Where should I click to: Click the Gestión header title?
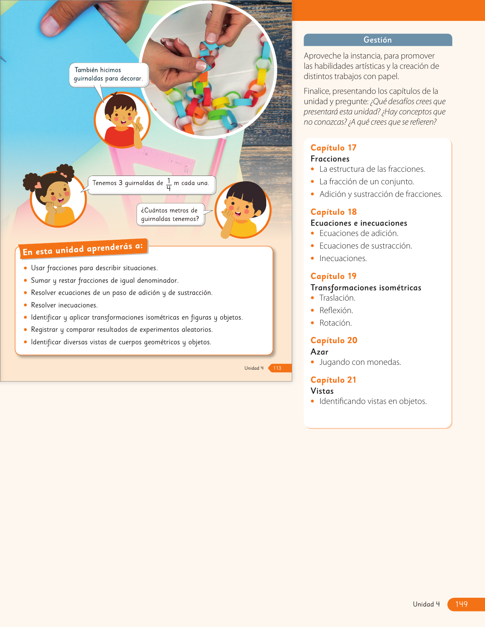point(377,40)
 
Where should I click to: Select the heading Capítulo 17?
point(333,148)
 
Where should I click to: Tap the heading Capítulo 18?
point(333,212)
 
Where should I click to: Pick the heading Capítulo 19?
point(333,276)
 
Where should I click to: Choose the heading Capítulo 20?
point(334,340)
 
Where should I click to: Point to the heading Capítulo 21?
point(333,380)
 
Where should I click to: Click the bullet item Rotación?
point(336,323)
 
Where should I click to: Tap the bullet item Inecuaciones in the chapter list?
point(343,258)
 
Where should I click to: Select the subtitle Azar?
point(319,352)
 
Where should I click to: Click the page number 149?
point(461,604)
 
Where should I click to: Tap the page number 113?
point(277,368)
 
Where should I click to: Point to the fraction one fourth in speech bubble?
point(169,184)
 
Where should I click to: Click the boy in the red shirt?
point(122,120)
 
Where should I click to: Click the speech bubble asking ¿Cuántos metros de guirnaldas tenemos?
point(170,215)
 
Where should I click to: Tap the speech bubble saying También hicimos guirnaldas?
point(108,74)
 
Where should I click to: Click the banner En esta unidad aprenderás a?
point(83,249)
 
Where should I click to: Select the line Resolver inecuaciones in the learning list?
point(64,305)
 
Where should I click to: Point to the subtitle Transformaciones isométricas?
point(366,288)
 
